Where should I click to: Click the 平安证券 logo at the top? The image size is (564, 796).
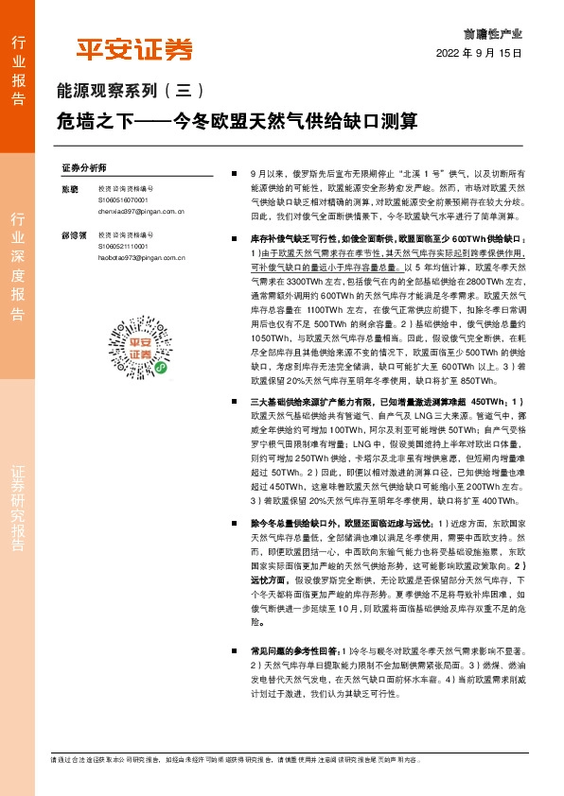click(x=133, y=49)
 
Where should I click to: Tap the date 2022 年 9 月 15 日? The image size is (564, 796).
click(x=479, y=53)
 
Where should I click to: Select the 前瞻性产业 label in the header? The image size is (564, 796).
click(x=498, y=32)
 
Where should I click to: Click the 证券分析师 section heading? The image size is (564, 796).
click(x=84, y=167)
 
